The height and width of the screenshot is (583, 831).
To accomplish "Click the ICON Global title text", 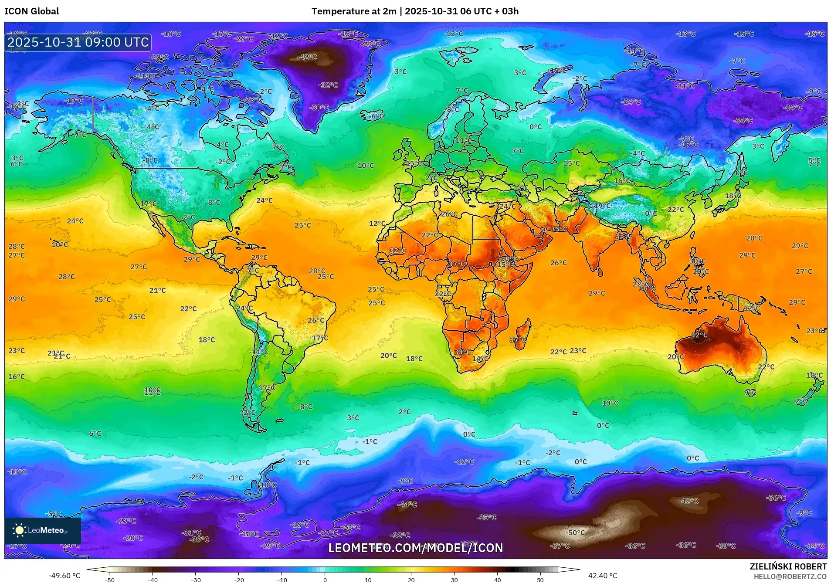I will [x=32, y=11].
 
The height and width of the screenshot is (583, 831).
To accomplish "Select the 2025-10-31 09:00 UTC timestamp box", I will [x=78, y=42].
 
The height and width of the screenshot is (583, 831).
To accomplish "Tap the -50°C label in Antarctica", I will [x=575, y=532].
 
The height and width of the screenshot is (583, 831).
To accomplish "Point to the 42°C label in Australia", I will [x=699, y=335].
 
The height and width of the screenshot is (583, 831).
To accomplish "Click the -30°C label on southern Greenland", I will [x=319, y=107].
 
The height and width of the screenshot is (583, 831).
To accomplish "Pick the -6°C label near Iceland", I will [x=376, y=116].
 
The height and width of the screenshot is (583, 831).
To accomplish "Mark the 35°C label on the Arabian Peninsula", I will [x=559, y=229].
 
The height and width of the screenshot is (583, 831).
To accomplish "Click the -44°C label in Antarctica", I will [x=407, y=504].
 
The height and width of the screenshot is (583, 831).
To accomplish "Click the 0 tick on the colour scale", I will [x=325, y=580].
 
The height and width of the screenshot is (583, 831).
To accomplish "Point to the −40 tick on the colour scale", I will [x=152, y=580].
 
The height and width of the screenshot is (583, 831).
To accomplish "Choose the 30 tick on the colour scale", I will [x=455, y=580].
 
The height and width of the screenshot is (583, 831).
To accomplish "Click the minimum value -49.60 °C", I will [x=64, y=576].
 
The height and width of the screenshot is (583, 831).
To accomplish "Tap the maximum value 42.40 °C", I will [x=603, y=576].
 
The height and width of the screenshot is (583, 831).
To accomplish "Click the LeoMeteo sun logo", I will [x=20, y=530].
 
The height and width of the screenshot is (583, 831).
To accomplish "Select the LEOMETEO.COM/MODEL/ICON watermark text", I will [x=415, y=548].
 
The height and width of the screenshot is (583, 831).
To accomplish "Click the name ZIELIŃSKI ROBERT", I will [x=788, y=566].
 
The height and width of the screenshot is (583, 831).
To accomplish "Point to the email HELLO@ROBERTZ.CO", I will [x=790, y=576].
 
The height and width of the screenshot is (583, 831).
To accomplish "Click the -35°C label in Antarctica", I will [x=487, y=517].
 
